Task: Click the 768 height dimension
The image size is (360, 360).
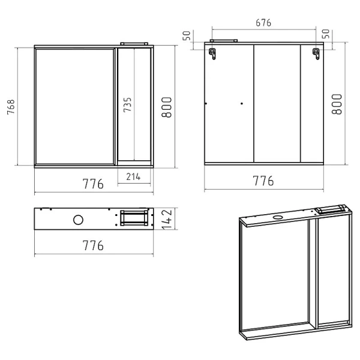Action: (10, 106)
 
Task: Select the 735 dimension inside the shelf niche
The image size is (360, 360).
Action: (128, 106)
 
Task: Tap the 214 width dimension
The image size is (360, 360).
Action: (133, 176)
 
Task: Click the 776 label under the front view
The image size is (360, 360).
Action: (93, 184)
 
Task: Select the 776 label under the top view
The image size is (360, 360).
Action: (93, 245)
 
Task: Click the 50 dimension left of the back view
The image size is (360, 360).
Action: (187, 36)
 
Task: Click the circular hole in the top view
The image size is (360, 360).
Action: (78, 220)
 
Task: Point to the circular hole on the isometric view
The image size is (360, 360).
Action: (278, 217)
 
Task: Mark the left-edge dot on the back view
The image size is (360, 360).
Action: (206, 104)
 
